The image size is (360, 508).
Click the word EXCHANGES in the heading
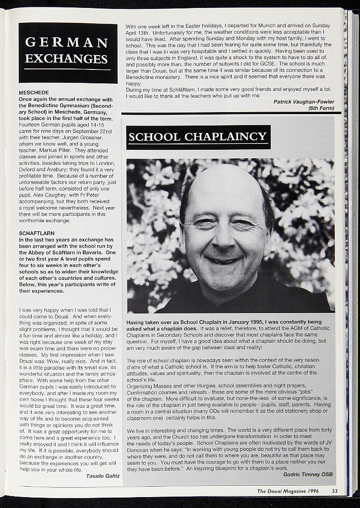[x=66, y=59]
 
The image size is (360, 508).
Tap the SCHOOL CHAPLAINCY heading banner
[x=198, y=137]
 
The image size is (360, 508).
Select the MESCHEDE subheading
[x=34, y=93]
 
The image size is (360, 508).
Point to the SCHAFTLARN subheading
[x=37, y=233]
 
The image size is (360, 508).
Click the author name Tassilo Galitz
[x=102, y=476]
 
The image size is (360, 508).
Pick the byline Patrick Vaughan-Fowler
[x=303, y=102]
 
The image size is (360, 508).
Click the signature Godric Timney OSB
[x=307, y=474]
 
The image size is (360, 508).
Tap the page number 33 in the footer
[x=335, y=491]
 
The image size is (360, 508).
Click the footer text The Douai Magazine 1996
[x=287, y=491]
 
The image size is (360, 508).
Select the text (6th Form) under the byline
[x=321, y=108]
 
